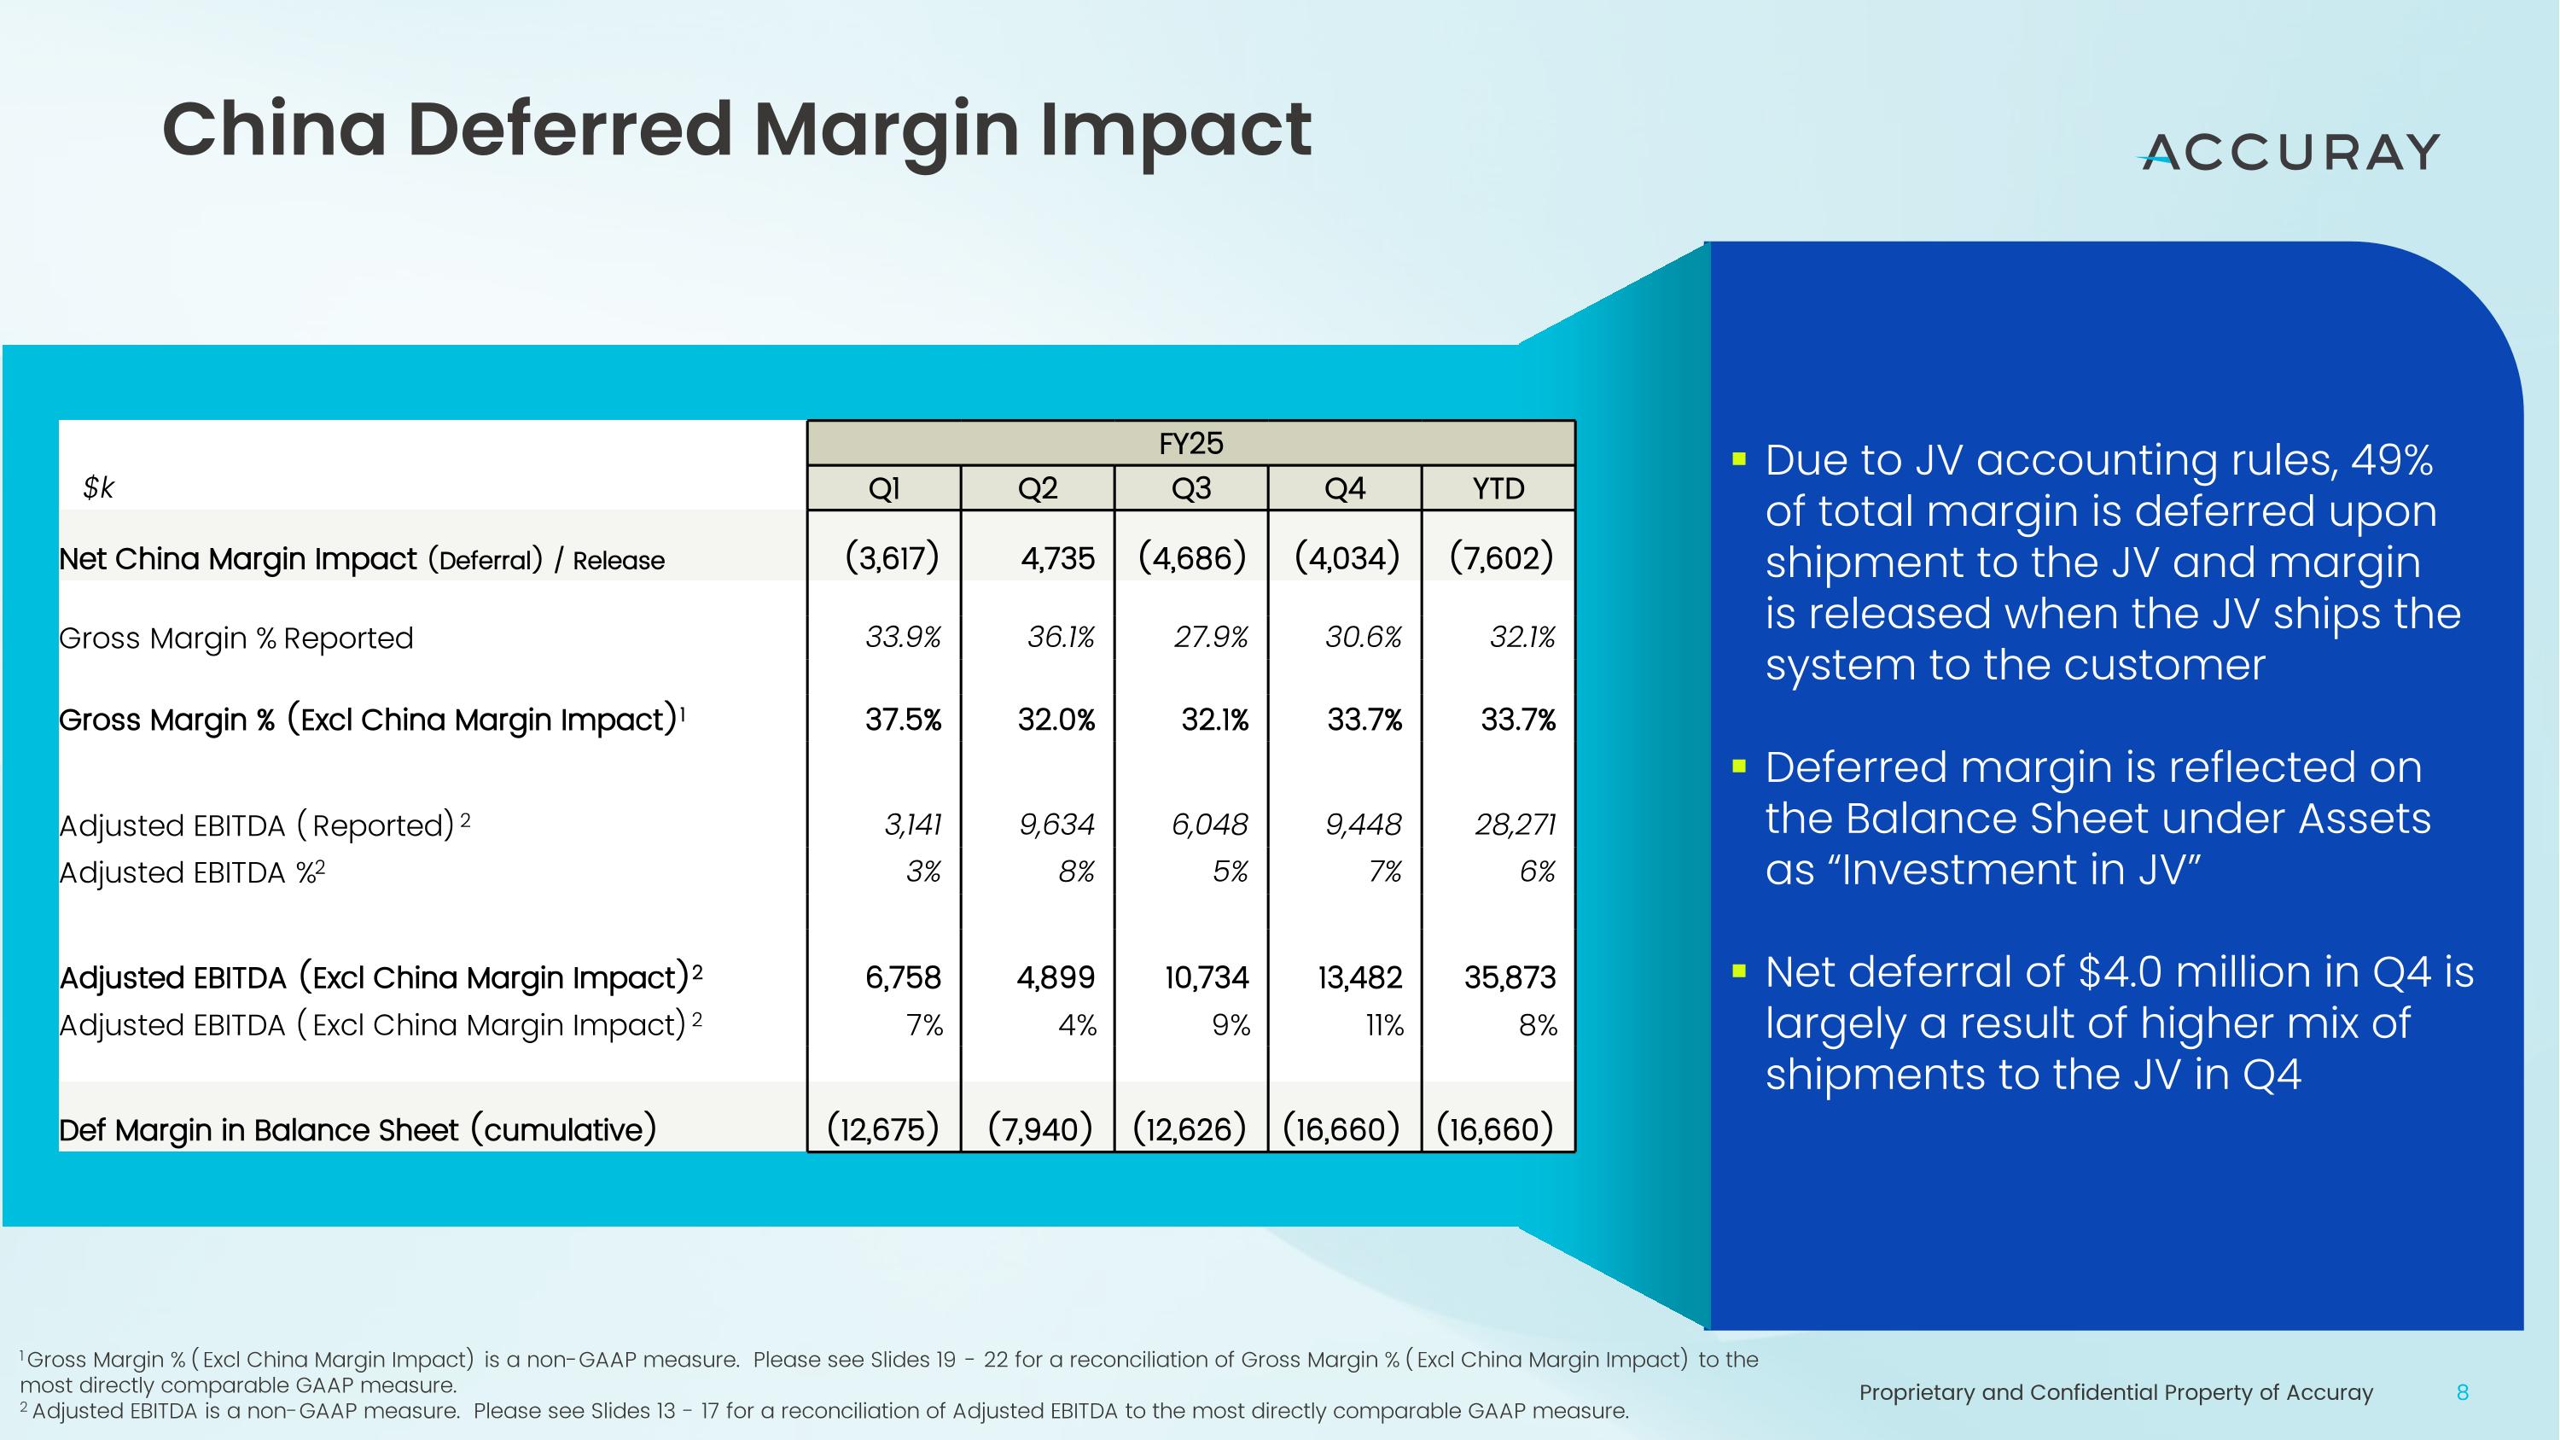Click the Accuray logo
(2289, 153)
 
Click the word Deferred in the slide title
(568, 131)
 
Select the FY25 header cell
(1190, 443)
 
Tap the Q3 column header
(1190, 489)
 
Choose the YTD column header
(1498, 489)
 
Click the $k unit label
(98, 488)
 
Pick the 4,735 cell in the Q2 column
(1056, 558)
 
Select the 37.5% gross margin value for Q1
(901, 720)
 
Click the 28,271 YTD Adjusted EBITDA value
(1515, 824)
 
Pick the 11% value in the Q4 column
(1383, 1024)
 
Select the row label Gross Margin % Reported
(236, 638)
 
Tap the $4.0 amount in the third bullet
(2121, 972)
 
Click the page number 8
(2462, 1392)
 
